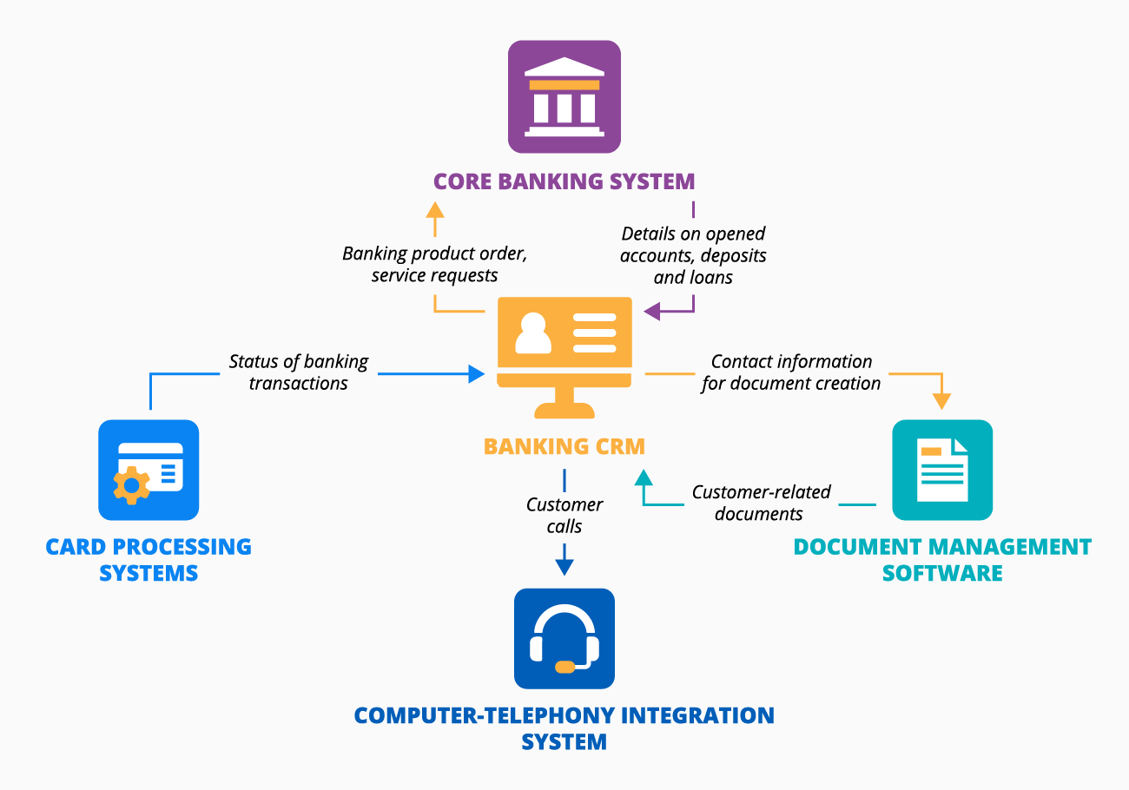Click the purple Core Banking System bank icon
click(x=564, y=96)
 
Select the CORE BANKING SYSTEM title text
click(x=564, y=181)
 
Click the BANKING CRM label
click(x=564, y=447)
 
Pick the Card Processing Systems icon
click(x=149, y=470)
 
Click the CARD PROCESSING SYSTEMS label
click(x=149, y=560)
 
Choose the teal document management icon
click(x=942, y=470)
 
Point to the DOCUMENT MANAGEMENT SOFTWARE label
click(x=942, y=560)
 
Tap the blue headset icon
click(x=564, y=639)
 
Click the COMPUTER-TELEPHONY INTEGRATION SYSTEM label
click(x=564, y=728)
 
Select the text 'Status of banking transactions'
click(x=299, y=372)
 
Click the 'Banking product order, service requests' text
click(x=435, y=265)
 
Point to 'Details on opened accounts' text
click(x=693, y=255)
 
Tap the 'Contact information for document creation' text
click(x=791, y=372)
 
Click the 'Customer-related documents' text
click(x=760, y=503)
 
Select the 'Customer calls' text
click(x=564, y=515)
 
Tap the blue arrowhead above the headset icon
click(x=564, y=567)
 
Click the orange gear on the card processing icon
click(x=132, y=485)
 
